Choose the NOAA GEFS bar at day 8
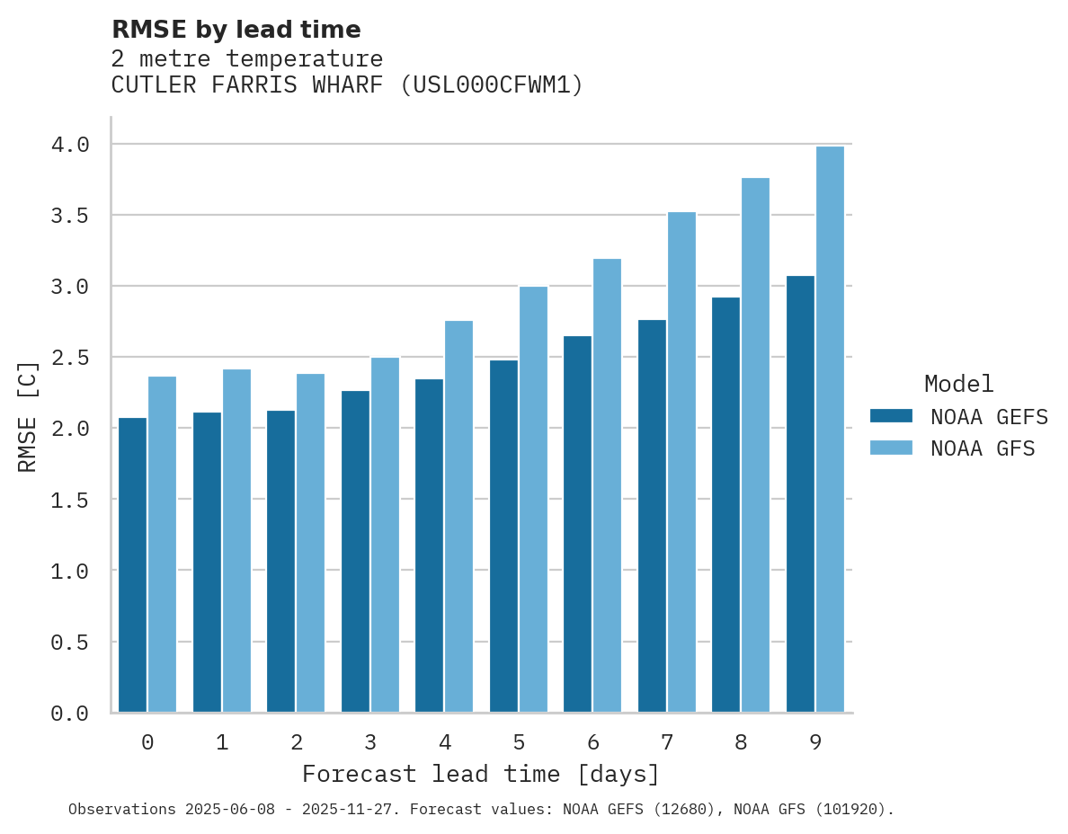pyautogui.click(x=725, y=504)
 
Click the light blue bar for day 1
pyautogui.click(x=236, y=540)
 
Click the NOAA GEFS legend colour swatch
pyautogui.click(x=891, y=416)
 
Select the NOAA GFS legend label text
pyautogui.click(x=983, y=448)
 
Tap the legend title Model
pyautogui.click(x=958, y=384)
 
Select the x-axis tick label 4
pyautogui.click(x=444, y=742)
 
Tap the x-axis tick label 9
pyautogui.click(x=815, y=742)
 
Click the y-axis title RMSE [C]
pyautogui.click(x=28, y=416)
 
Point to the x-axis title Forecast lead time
pyautogui.click(x=481, y=774)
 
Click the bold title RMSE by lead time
pyautogui.click(x=236, y=30)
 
